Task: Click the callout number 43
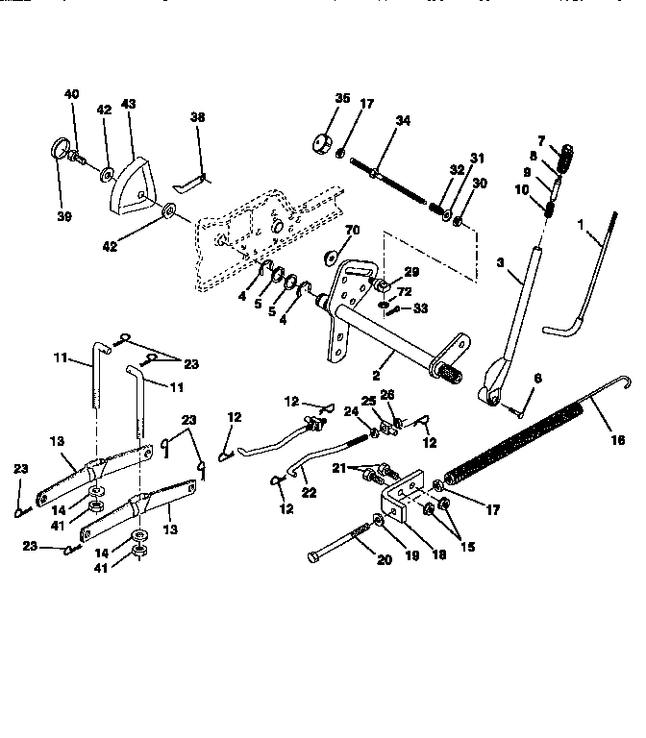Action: pos(128,104)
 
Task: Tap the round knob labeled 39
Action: pos(61,151)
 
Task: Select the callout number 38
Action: pos(197,116)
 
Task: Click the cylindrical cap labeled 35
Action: pos(320,143)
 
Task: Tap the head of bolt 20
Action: pos(313,556)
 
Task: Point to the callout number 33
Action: pos(419,309)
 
